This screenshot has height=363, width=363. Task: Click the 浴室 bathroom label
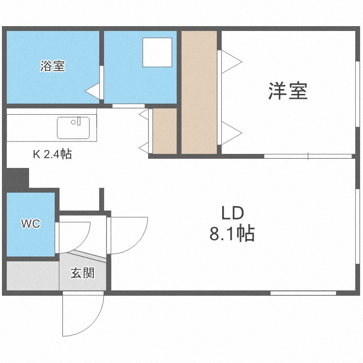tap(52, 66)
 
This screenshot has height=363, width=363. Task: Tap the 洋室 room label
tap(288, 91)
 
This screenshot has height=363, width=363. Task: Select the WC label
tap(30, 224)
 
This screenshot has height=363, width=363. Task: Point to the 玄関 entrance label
tap(82, 273)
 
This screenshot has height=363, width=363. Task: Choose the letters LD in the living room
tap(232, 213)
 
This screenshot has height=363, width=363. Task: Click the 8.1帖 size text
tap(232, 235)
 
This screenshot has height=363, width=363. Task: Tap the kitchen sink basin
tap(73, 128)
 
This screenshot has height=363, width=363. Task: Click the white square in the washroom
tap(158, 52)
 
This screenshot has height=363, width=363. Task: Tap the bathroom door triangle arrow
tap(92, 91)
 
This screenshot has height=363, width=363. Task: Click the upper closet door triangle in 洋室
tap(231, 61)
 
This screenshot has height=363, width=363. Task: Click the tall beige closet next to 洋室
tap(200, 92)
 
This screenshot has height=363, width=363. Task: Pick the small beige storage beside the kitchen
tap(165, 130)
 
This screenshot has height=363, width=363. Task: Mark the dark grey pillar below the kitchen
tap(18, 178)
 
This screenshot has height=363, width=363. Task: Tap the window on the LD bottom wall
tap(303, 293)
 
